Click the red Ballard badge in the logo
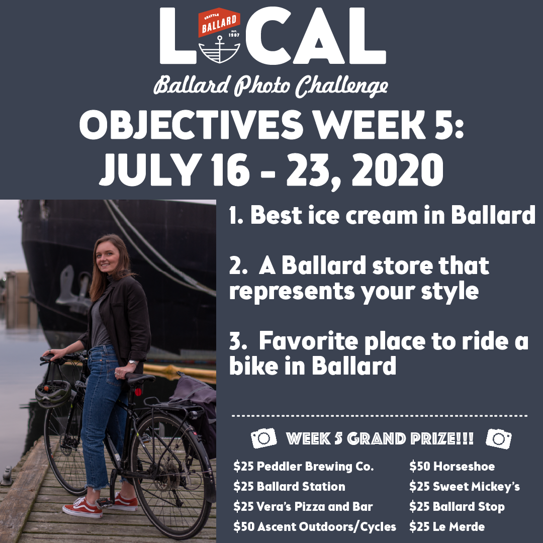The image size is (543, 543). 219,22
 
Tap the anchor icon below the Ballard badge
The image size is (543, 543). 219,49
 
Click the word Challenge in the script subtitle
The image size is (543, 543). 341,86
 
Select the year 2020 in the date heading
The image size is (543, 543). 397,170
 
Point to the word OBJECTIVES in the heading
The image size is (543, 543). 192,125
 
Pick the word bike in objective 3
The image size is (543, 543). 253,366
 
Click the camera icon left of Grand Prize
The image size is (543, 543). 264,438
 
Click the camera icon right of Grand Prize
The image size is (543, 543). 499,439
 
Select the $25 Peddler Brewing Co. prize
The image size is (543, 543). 304,467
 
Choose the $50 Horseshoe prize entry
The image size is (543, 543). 452,467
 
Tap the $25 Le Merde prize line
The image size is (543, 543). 447,527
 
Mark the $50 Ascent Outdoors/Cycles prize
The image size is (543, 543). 315,527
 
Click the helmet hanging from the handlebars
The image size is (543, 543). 53,394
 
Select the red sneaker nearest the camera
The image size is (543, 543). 83,508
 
